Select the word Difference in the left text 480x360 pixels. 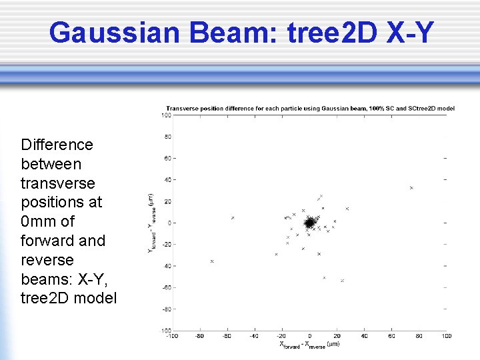click(57, 145)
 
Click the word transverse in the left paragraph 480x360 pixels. click(58, 183)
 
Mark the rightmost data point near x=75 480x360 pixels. click(411, 188)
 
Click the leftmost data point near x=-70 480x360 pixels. click(212, 261)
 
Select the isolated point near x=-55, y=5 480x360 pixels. click(233, 218)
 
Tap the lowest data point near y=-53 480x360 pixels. click(342, 281)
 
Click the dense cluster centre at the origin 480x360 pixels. click(309, 223)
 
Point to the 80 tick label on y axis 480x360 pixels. click(168, 137)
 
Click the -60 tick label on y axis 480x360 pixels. click(167, 287)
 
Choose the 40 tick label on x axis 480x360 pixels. click(364, 336)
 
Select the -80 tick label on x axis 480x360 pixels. click(199, 336)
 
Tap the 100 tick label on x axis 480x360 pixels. click(446, 336)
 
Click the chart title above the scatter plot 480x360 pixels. click(310, 108)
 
